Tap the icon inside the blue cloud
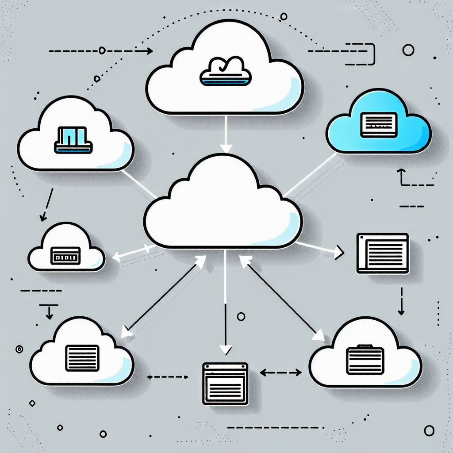click(x=377, y=124)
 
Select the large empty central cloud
click(x=223, y=208)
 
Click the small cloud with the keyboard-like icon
click(x=66, y=248)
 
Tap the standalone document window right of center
click(x=383, y=253)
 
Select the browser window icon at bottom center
click(x=225, y=383)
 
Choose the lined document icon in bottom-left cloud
click(x=82, y=357)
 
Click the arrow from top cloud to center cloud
click(x=226, y=133)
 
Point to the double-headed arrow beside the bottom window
click(x=280, y=373)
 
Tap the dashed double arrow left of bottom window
click(x=167, y=377)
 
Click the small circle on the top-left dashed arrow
click(x=102, y=51)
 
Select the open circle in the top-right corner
click(x=408, y=50)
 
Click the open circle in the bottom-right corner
click(x=429, y=430)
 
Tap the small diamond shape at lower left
click(x=32, y=403)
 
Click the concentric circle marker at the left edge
click(x=19, y=349)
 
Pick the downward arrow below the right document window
click(x=401, y=302)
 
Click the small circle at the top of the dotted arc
click(x=284, y=16)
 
